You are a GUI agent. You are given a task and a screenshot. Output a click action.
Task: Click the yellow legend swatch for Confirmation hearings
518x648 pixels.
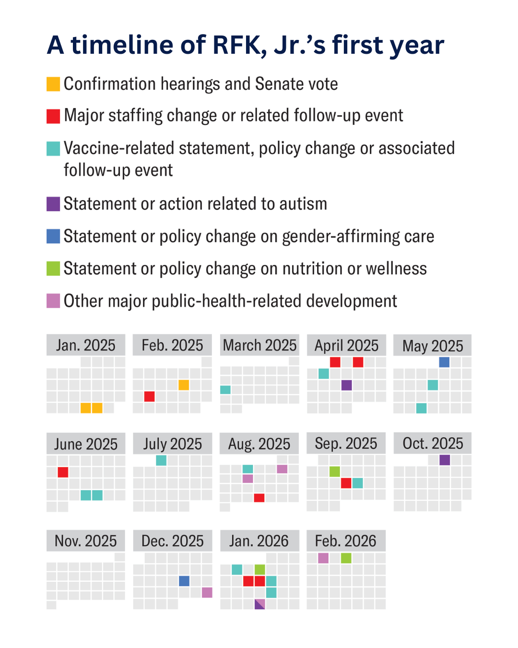point(53,84)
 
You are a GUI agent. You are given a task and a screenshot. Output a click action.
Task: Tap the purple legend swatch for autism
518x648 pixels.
point(53,204)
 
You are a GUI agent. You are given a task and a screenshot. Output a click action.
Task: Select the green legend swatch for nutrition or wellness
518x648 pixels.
point(53,269)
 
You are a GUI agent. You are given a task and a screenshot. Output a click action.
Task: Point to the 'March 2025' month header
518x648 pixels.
point(259,345)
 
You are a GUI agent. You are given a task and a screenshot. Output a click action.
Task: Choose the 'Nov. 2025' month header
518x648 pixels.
point(86,541)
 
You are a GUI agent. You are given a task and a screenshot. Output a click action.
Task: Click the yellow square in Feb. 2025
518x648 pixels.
point(184,385)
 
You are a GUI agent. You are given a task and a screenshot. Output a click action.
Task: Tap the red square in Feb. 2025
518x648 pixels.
point(149,396)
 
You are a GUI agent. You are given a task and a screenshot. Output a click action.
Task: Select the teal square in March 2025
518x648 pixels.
point(225,390)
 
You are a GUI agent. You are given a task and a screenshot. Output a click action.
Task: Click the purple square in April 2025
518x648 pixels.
point(347,385)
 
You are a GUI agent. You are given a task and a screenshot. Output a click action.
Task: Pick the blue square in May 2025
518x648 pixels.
point(444,362)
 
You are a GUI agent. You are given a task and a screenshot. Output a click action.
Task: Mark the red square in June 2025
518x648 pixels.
point(63,472)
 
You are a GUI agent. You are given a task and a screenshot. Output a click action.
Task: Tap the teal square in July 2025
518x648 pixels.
point(161,460)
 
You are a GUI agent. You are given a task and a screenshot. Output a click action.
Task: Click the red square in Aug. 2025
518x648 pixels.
point(259,498)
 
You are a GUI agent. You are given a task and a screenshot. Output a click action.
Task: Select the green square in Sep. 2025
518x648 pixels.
point(335,472)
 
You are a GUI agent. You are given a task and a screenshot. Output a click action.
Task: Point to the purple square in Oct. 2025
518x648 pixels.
point(445,460)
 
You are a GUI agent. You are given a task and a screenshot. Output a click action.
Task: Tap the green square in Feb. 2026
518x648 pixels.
point(346,558)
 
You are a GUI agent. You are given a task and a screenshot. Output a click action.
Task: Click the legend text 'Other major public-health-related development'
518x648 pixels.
point(230,301)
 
